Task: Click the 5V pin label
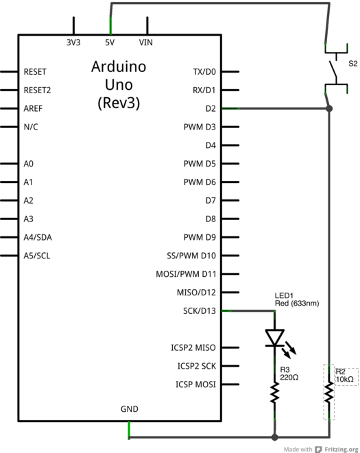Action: click(110, 42)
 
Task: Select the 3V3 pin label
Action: click(73, 42)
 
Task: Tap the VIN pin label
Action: click(146, 42)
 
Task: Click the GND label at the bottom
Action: click(129, 409)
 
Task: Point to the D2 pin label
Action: click(210, 108)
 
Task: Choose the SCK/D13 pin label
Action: click(200, 311)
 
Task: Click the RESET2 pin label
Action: click(37, 90)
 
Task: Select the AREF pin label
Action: click(34, 108)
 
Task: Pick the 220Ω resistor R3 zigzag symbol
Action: click(275, 393)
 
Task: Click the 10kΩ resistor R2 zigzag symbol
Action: click(329, 393)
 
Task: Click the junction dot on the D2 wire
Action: click(329, 108)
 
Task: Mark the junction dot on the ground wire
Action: click(275, 437)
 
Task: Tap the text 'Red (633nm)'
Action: click(297, 303)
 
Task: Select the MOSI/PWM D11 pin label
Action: click(186, 274)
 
